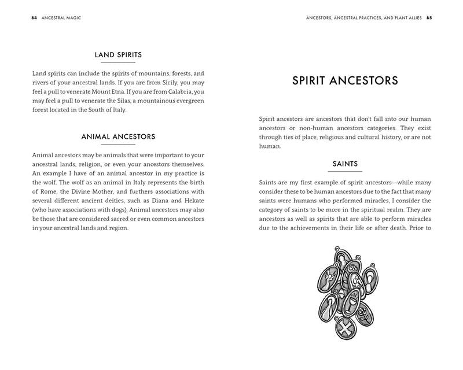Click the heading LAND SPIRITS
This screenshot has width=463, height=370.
click(x=118, y=55)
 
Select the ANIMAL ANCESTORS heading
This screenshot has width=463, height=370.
click(x=118, y=137)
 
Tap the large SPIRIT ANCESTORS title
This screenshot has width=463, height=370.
click(x=345, y=80)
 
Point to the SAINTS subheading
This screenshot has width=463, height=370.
click(x=345, y=164)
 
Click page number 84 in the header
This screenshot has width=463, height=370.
click(x=35, y=18)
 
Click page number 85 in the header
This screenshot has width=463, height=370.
click(x=429, y=18)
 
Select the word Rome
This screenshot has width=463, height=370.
click(x=50, y=192)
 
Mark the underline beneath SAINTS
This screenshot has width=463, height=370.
click(x=345, y=172)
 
